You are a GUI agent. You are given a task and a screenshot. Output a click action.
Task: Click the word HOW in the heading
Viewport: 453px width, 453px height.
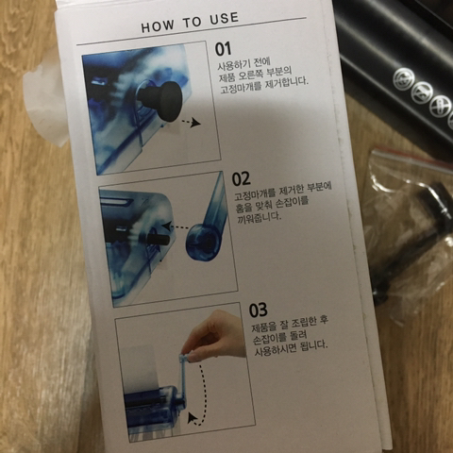tap(157, 25)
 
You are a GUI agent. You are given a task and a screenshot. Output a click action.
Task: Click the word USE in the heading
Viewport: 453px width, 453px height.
tap(224, 18)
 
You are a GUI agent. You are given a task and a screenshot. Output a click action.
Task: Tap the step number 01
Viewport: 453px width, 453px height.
tap(223, 49)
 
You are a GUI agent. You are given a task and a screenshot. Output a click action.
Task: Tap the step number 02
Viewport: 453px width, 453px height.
tap(241, 178)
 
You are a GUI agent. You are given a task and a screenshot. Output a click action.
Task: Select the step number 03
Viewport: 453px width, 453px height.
tap(258, 310)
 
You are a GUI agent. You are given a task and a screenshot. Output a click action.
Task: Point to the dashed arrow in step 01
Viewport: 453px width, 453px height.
tap(192, 123)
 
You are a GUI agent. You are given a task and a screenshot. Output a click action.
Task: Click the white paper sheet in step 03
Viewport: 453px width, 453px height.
tap(142, 370)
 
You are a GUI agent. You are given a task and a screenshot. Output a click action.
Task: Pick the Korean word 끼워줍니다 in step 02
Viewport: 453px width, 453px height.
tap(259, 217)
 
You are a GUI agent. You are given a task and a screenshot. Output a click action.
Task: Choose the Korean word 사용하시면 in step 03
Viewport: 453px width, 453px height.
tap(275, 349)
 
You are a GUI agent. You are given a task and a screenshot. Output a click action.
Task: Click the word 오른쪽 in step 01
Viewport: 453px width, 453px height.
tap(250, 75)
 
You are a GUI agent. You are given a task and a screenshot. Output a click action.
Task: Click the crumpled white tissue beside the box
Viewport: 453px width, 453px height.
tap(44, 104)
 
